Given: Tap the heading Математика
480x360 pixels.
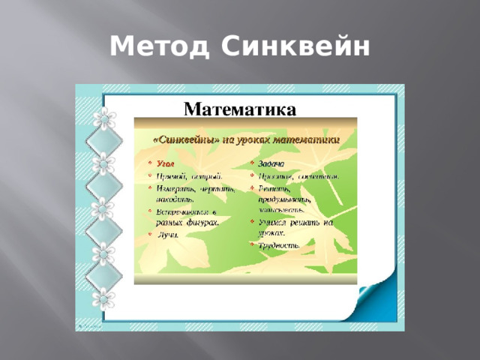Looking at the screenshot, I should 241,109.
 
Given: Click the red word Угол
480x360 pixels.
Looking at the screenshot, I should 165,163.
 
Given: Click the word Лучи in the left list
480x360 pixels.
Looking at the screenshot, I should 166,235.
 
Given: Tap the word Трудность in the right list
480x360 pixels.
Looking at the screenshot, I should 280,245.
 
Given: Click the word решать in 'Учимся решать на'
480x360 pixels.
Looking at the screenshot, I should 301,223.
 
